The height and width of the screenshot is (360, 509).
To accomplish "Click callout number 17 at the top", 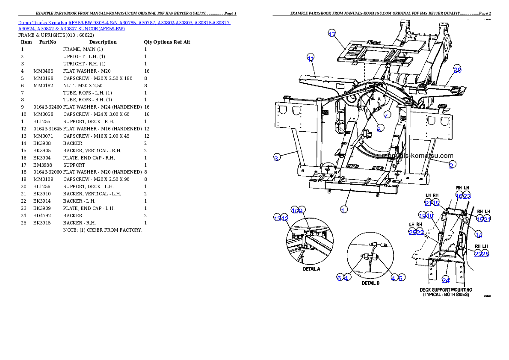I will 332,35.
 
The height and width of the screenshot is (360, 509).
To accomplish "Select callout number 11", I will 311,59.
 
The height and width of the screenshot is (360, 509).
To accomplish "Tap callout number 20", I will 457,70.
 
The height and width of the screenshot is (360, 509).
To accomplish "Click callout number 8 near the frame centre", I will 379,129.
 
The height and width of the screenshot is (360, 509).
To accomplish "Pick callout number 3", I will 277,158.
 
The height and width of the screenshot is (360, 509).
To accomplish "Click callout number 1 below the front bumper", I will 343,210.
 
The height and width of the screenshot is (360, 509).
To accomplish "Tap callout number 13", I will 277,218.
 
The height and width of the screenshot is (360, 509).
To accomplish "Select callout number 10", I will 295,210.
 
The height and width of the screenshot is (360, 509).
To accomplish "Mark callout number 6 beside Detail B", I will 339,278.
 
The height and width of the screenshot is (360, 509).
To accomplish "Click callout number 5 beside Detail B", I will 401,278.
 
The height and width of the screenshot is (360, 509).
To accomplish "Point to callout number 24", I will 446,280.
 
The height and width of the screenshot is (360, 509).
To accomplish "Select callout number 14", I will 479,235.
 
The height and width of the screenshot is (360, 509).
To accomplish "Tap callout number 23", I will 467,196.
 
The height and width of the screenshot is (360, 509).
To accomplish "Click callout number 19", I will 422,216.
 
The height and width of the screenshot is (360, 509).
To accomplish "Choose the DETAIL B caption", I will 371,283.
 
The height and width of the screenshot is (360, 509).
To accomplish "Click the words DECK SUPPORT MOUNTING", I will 446,289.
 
